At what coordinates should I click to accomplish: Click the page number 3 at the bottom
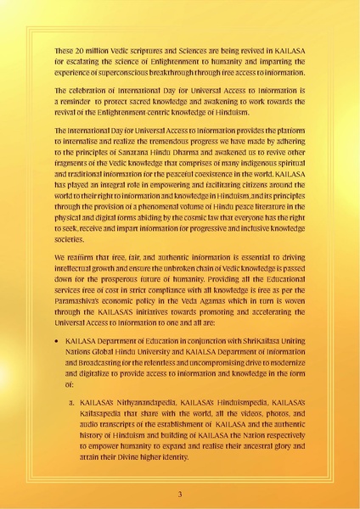(180, 494)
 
